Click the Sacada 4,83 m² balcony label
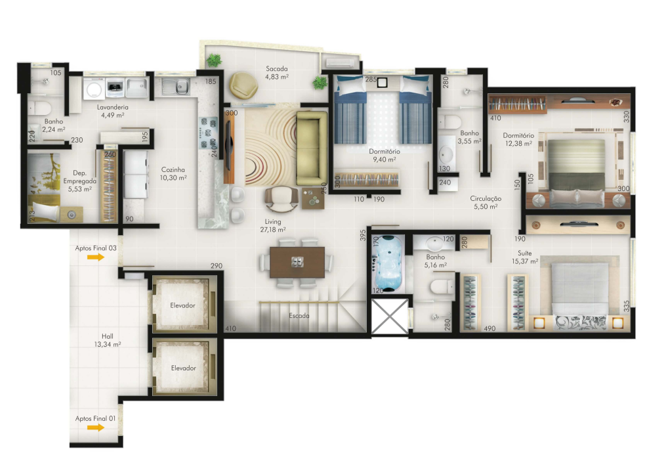(x=277, y=73)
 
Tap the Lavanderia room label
(x=113, y=107)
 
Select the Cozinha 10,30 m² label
(x=173, y=174)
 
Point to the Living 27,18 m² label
(x=273, y=225)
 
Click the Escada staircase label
(x=299, y=316)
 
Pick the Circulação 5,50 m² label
(x=486, y=202)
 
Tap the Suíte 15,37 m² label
(x=525, y=257)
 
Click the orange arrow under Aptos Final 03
(x=96, y=257)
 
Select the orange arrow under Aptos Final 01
(x=96, y=427)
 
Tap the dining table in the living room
(x=297, y=262)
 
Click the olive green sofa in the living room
(x=312, y=148)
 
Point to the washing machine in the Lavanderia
(x=94, y=89)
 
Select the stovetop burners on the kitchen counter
(x=209, y=133)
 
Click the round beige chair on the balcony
(x=243, y=85)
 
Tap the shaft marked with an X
(x=390, y=317)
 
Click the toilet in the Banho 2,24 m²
(x=39, y=108)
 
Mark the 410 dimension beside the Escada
(x=231, y=328)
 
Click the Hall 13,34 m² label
(x=107, y=340)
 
